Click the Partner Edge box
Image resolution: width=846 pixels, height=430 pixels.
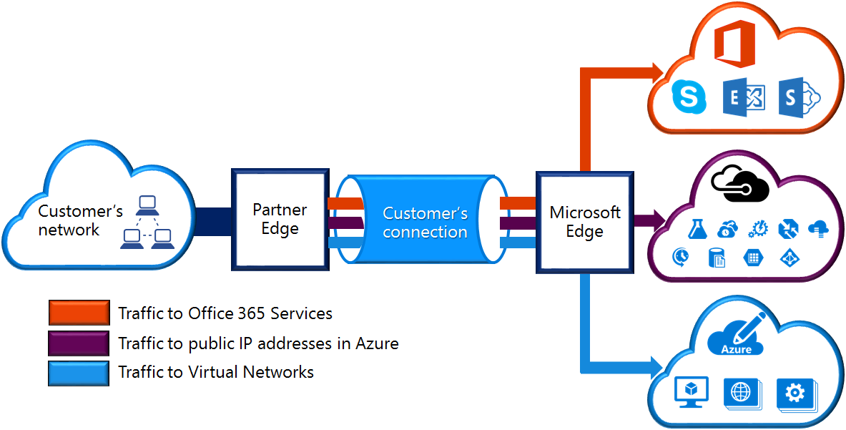tap(280, 219)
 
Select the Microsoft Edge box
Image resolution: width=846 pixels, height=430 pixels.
tap(585, 223)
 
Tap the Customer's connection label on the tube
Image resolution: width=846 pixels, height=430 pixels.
tap(426, 223)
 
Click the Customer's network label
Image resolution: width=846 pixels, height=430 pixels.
tap(80, 220)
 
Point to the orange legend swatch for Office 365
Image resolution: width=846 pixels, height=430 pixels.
tap(79, 313)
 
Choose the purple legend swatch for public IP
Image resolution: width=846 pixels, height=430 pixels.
tap(79, 343)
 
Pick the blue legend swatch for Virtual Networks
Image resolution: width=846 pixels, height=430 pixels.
tap(79, 372)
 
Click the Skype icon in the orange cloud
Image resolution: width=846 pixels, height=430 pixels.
tap(689, 97)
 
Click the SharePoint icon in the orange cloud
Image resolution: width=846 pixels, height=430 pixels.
tap(799, 97)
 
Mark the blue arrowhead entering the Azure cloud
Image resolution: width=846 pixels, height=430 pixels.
tap(658, 368)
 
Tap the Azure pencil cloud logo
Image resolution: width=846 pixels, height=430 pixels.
tap(737, 335)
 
